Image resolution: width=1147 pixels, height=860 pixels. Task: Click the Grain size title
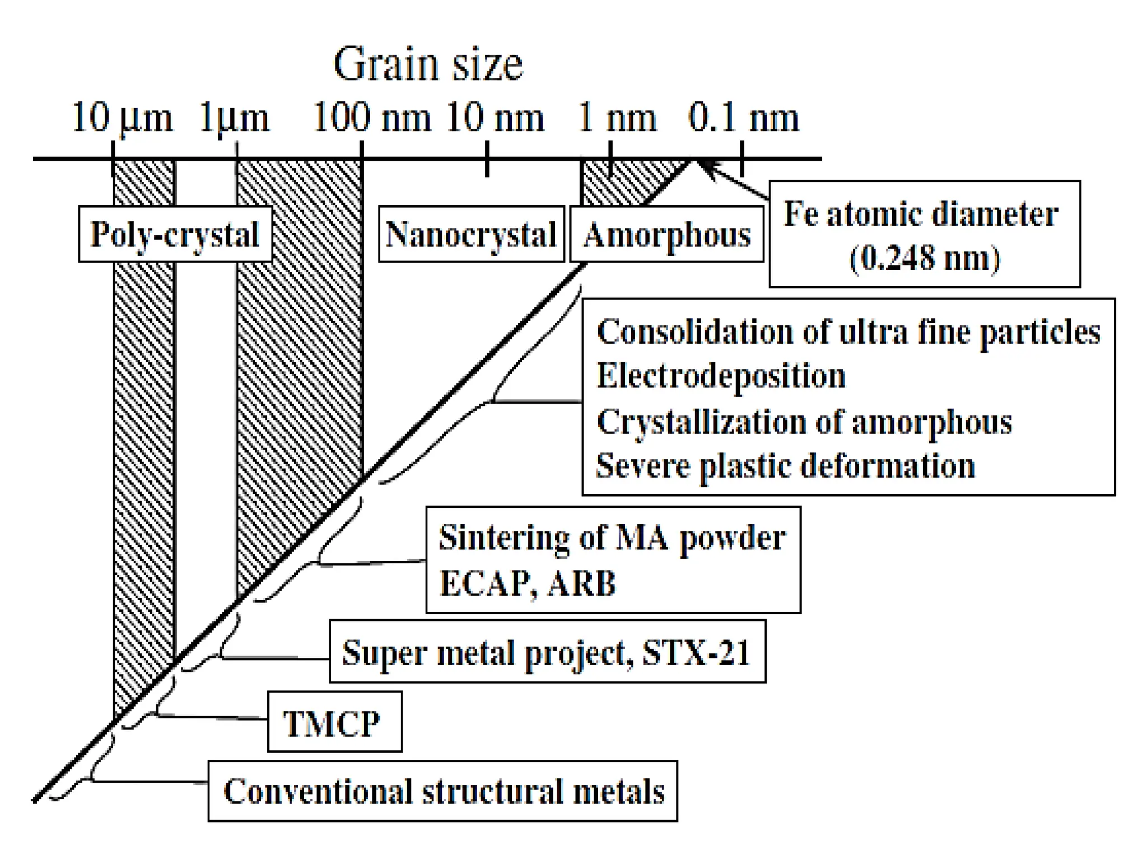(428, 64)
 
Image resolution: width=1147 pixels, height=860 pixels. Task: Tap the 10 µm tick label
(122, 118)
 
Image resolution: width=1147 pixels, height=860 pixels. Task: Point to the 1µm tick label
(234, 118)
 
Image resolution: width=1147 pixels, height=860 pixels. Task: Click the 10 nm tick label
(495, 118)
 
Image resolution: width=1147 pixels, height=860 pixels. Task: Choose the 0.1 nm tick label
(743, 118)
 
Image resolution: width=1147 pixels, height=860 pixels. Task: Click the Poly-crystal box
(175, 234)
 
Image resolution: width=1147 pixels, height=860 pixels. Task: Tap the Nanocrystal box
(471, 234)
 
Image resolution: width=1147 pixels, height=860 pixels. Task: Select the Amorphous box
(666, 234)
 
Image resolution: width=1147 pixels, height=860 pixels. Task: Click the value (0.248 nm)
(925, 258)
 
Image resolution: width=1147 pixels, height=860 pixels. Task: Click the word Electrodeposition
(721, 376)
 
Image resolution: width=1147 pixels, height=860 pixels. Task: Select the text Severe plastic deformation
(785, 466)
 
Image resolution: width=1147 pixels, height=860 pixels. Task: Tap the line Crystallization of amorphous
(804, 422)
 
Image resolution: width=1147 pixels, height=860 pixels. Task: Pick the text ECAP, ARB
(528, 583)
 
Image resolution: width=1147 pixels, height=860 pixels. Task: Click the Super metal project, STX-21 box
(547, 652)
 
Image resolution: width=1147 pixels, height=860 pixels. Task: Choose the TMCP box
(334, 722)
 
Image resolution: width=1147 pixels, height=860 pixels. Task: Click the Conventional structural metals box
(442, 791)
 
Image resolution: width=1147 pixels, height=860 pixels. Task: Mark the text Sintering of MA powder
(612, 538)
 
